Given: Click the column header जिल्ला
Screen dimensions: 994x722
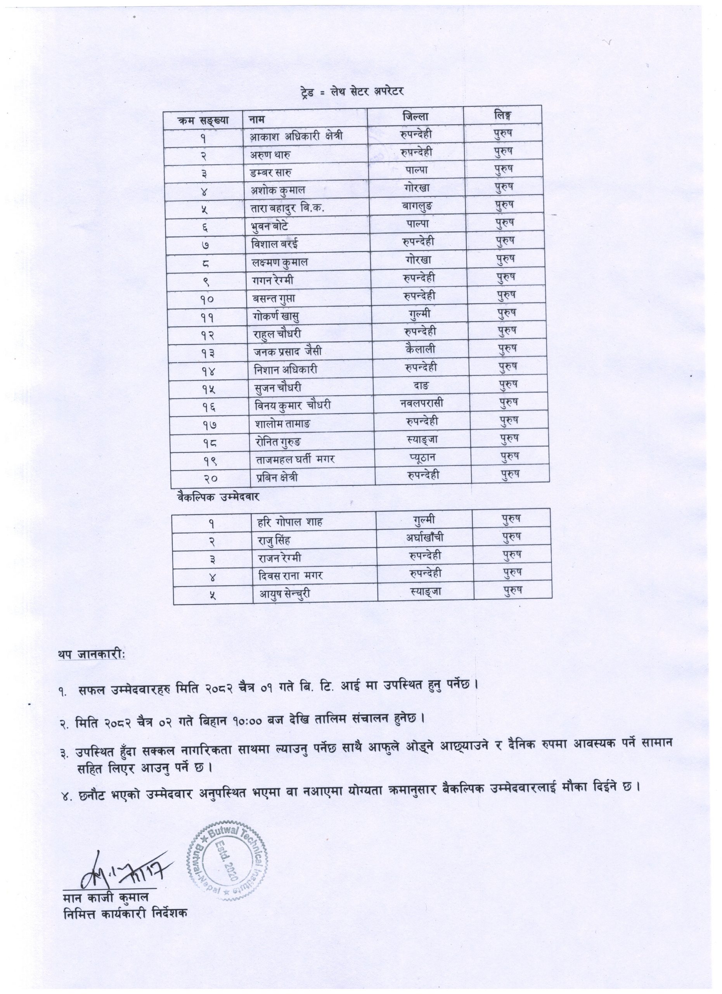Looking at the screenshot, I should pyautogui.click(x=416, y=116).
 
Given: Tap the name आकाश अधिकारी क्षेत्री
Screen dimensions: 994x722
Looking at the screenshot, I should pyautogui.click(x=296, y=137).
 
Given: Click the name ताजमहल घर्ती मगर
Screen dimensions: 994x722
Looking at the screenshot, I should pyautogui.click(x=296, y=459).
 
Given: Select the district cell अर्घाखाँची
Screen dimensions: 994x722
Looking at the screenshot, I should pyautogui.click(x=425, y=537).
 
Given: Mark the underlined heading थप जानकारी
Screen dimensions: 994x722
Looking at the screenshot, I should pyautogui.click(x=91, y=654).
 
